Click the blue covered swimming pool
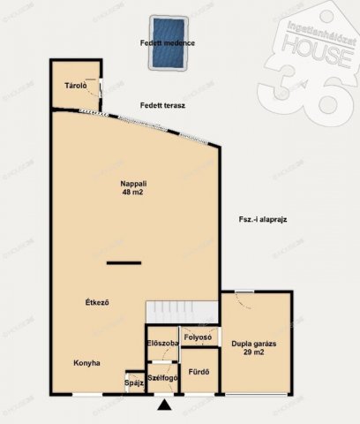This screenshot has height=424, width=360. point(169,43)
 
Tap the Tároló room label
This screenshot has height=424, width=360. point(76,86)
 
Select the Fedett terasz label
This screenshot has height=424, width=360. point(162,105)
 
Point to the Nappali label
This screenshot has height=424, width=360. point(133,184)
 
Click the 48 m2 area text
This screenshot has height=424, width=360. point(132,193)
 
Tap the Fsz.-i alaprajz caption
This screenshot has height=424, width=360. point(263,219)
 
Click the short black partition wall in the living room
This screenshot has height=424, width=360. point(124,263)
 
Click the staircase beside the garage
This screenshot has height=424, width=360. point(182,312)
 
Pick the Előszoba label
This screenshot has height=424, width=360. point(163,343)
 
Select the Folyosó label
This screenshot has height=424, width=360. point(198,337)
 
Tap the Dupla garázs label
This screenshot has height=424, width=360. point(254,344)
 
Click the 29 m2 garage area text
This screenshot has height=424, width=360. point(254,352)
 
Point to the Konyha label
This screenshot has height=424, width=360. point(86,363)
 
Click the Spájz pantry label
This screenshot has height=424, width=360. point(134,383)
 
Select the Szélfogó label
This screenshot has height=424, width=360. point(162,378)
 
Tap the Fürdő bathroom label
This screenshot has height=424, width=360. point(199,372)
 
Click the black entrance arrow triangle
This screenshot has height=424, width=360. point(164,405)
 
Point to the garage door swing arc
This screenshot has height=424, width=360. point(242,302)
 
